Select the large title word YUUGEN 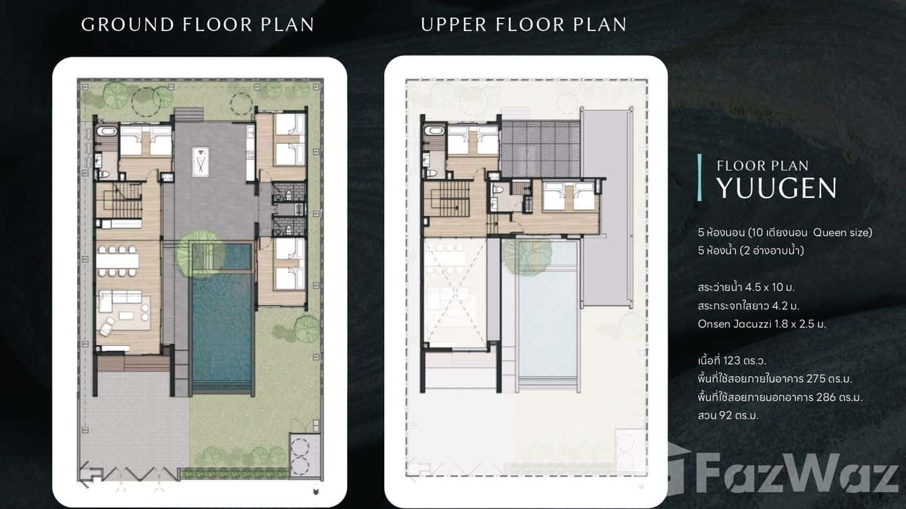point(776,189)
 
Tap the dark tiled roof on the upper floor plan point(541,148)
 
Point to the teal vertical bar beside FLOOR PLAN point(700,178)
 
